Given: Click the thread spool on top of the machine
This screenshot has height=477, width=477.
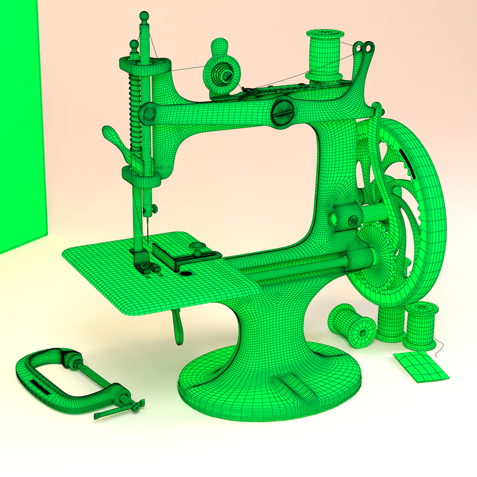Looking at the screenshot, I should point(324,55).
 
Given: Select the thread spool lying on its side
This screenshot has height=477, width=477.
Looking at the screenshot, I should point(353,326).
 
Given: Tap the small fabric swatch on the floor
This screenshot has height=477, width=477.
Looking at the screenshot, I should point(420,366).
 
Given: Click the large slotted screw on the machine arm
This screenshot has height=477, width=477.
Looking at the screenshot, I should point(283,112).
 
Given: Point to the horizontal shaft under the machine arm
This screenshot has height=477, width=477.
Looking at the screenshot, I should point(298,266).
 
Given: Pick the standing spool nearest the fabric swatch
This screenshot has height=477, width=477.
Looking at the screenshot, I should point(422,326).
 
